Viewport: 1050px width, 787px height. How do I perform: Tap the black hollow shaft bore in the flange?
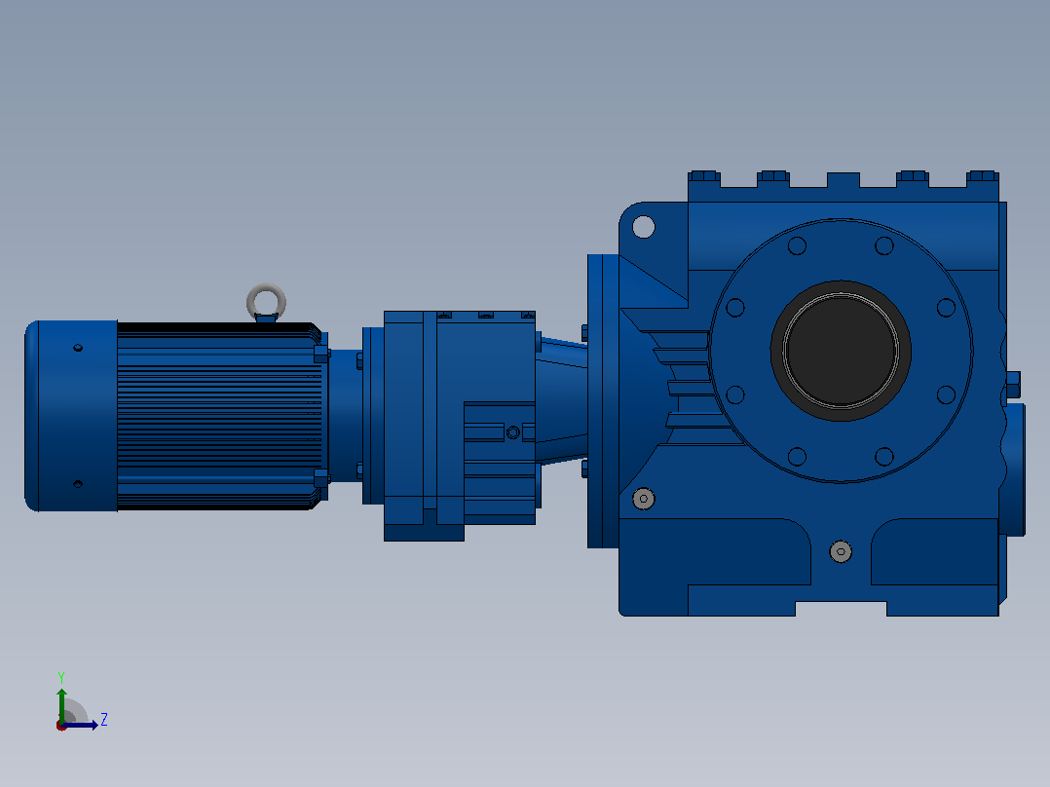click(841, 351)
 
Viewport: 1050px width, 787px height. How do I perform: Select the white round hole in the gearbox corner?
click(644, 227)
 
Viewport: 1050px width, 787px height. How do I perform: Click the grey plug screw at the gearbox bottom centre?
click(841, 552)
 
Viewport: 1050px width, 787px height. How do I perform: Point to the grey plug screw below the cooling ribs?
click(644, 499)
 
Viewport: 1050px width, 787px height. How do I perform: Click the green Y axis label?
click(61, 677)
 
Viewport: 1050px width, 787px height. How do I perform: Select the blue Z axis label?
click(104, 720)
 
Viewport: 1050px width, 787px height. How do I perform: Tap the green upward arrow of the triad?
click(61, 704)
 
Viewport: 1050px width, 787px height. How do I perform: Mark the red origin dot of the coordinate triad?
click(61, 726)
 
